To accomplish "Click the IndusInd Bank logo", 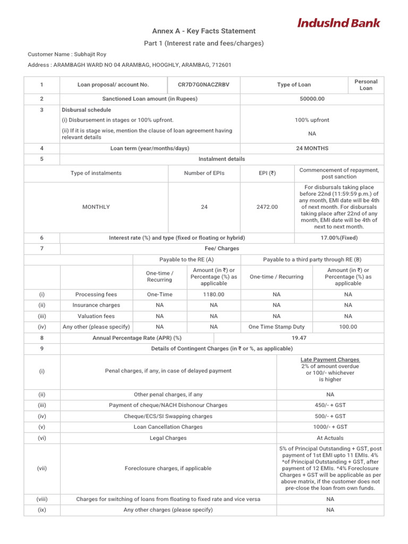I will (x=338, y=23).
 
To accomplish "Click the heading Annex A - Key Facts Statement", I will (x=204, y=31).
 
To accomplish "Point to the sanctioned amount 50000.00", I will (x=312, y=99).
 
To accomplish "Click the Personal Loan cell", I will (x=366, y=84).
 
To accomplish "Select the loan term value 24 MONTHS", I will (x=312, y=148).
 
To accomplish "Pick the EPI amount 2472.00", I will (x=267, y=207).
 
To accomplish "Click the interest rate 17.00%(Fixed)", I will (x=339, y=237).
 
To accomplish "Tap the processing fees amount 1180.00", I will (x=214, y=294).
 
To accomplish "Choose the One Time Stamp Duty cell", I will (x=276, y=327).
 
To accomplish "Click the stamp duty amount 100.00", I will (x=348, y=327).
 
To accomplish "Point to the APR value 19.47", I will (x=299, y=337).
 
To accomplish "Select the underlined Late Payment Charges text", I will (x=330, y=360).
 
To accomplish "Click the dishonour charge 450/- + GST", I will (x=330, y=405).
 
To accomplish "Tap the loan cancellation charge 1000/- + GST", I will (x=330, y=427).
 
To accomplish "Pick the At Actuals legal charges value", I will (x=330, y=438).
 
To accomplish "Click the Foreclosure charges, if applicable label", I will (x=168, y=468).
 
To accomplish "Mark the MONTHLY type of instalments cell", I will (x=96, y=207).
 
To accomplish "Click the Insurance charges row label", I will (x=96, y=305).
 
